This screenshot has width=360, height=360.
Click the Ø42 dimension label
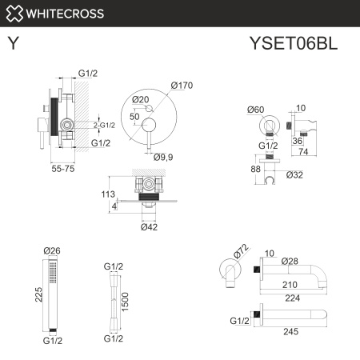coord(150,227)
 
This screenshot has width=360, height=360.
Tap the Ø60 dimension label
coord(257,109)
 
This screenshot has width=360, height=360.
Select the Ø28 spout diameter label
coord(290,262)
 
